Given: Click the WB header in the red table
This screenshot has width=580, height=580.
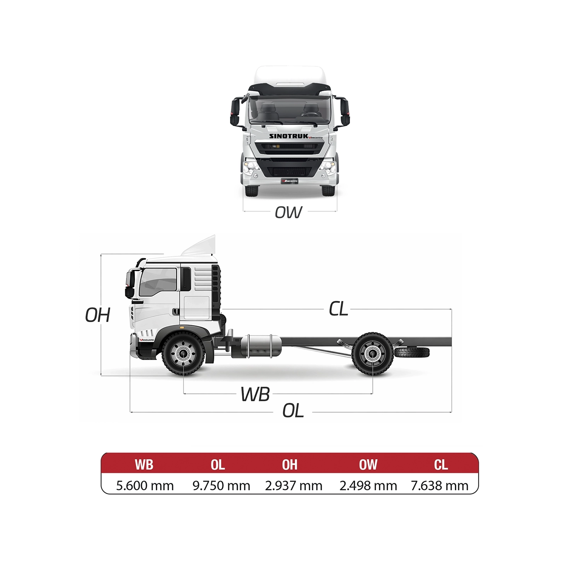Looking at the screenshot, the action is pyautogui.click(x=144, y=464).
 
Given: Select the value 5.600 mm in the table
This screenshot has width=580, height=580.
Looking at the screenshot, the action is pyautogui.click(x=145, y=486).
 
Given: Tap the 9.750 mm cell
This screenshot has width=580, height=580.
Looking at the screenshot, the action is pyautogui.click(x=221, y=486).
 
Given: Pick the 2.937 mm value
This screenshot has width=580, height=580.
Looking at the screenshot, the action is pyautogui.click(x=293, y=486).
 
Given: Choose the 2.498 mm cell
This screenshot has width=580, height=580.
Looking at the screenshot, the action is pyautogui.click(x=368, y=486).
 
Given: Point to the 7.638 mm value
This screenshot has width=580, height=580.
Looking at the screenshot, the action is pyautogui.click(x=440, y=486).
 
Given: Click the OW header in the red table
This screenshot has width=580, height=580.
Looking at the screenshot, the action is pyautogui.click(x=368, y=464).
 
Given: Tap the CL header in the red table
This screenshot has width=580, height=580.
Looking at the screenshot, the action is pyautogui.click(x=441, y=464).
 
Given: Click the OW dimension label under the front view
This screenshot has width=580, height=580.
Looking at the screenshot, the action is pyautogui.click(x=288, y=212).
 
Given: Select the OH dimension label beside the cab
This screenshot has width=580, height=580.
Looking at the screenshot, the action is pyautogui.click(x=98, y=315).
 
